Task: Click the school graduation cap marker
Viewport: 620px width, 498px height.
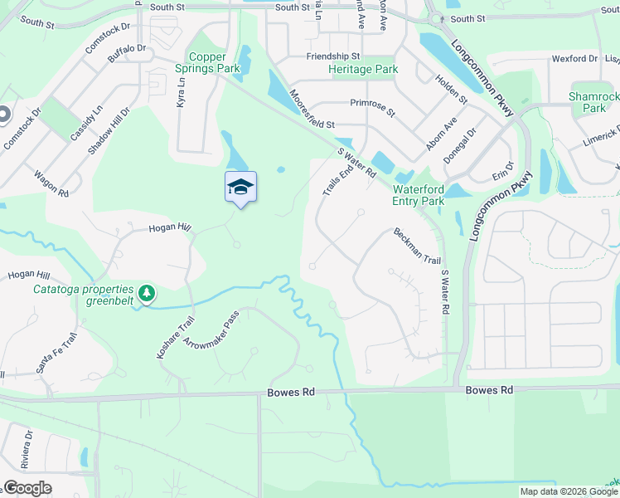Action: point(240,188)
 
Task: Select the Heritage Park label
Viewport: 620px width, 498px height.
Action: point(363,71)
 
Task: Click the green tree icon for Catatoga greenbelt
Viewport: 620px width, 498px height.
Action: point(147,293)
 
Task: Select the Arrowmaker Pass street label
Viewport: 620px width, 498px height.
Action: point(211,330)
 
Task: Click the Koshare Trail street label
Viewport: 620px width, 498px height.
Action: point(176,338)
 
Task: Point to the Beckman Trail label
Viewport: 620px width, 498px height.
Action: point(417,247)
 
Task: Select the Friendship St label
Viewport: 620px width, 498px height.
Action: point(332,56)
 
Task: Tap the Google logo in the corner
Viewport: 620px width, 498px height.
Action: point(27,488)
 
